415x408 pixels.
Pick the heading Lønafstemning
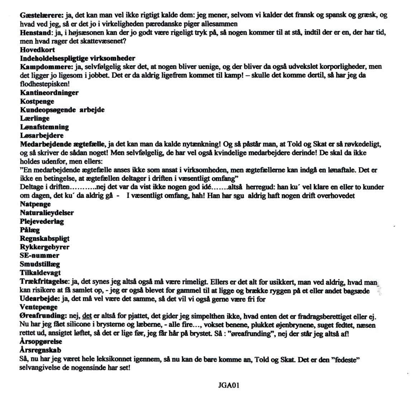point(44,127)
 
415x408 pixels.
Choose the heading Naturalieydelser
point(47,213)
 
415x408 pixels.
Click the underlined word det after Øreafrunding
point(86,316)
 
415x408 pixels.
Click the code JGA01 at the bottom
point(228,386)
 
